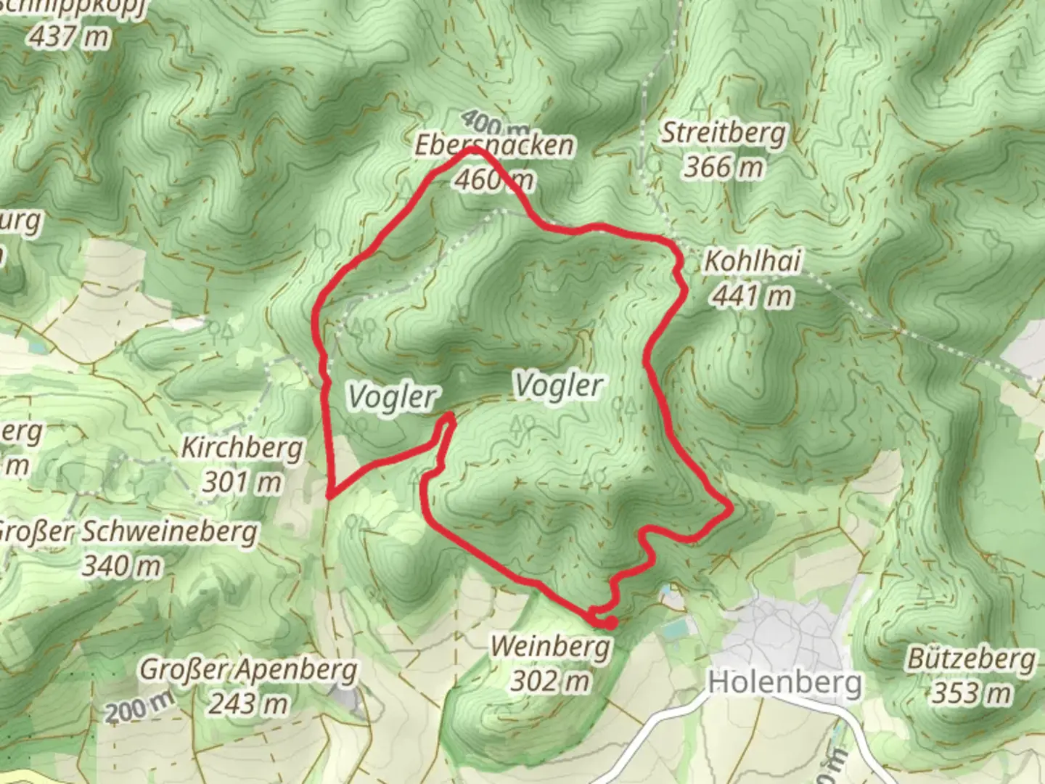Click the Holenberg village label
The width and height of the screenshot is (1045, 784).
point(785,682)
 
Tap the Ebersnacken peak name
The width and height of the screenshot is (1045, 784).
point(494,145)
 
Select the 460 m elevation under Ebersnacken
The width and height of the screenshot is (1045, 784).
point(494,179)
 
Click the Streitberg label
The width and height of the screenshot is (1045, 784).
point(724,134)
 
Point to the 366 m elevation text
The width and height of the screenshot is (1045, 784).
point(724,167)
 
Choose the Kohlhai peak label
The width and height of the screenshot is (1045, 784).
point(753,261)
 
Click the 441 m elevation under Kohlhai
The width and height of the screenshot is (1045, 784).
point(753,295)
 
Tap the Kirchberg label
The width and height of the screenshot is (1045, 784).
point(242,447)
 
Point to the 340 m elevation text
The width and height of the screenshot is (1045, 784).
point(122,565)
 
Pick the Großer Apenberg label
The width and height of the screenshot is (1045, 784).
point(248,669)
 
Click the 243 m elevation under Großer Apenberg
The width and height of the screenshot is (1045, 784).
point(248,703)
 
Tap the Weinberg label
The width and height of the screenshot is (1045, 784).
point(550,646)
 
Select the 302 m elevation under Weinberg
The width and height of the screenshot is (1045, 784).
point(550,680)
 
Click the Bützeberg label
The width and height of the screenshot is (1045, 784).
point(971,659)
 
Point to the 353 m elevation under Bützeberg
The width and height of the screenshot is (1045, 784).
point(971,693)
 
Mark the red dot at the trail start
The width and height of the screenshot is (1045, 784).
point(610,623)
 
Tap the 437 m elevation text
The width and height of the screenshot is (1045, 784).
point(69,36)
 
